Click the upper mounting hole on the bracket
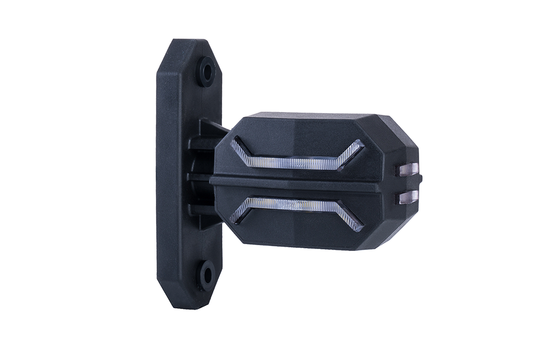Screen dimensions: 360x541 tap(206, 71)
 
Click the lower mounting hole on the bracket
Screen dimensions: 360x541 tap(206, 274)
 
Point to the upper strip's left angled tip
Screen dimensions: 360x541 tap(237, 143)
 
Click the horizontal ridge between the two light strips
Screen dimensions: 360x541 tap(298, 183)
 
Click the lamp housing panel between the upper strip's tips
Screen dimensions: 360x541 tap(298, 143)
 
